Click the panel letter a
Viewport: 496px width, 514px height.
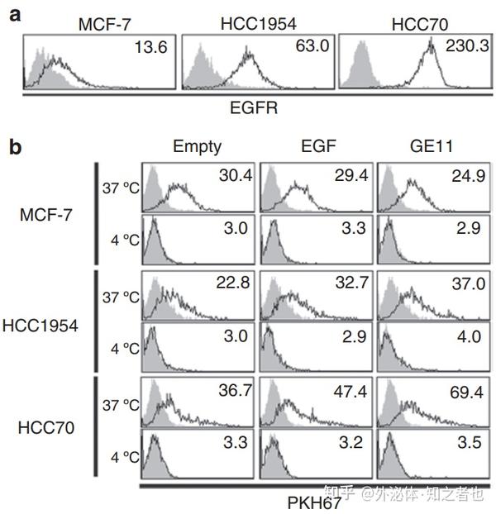15,15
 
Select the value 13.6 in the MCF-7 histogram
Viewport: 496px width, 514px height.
151,49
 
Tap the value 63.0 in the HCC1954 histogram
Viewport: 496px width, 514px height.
311,48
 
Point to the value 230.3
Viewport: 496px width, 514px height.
465,49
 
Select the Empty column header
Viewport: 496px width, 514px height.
197,147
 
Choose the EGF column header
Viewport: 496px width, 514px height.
316,147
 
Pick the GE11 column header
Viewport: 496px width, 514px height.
432,147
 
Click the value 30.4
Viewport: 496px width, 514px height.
236,175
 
